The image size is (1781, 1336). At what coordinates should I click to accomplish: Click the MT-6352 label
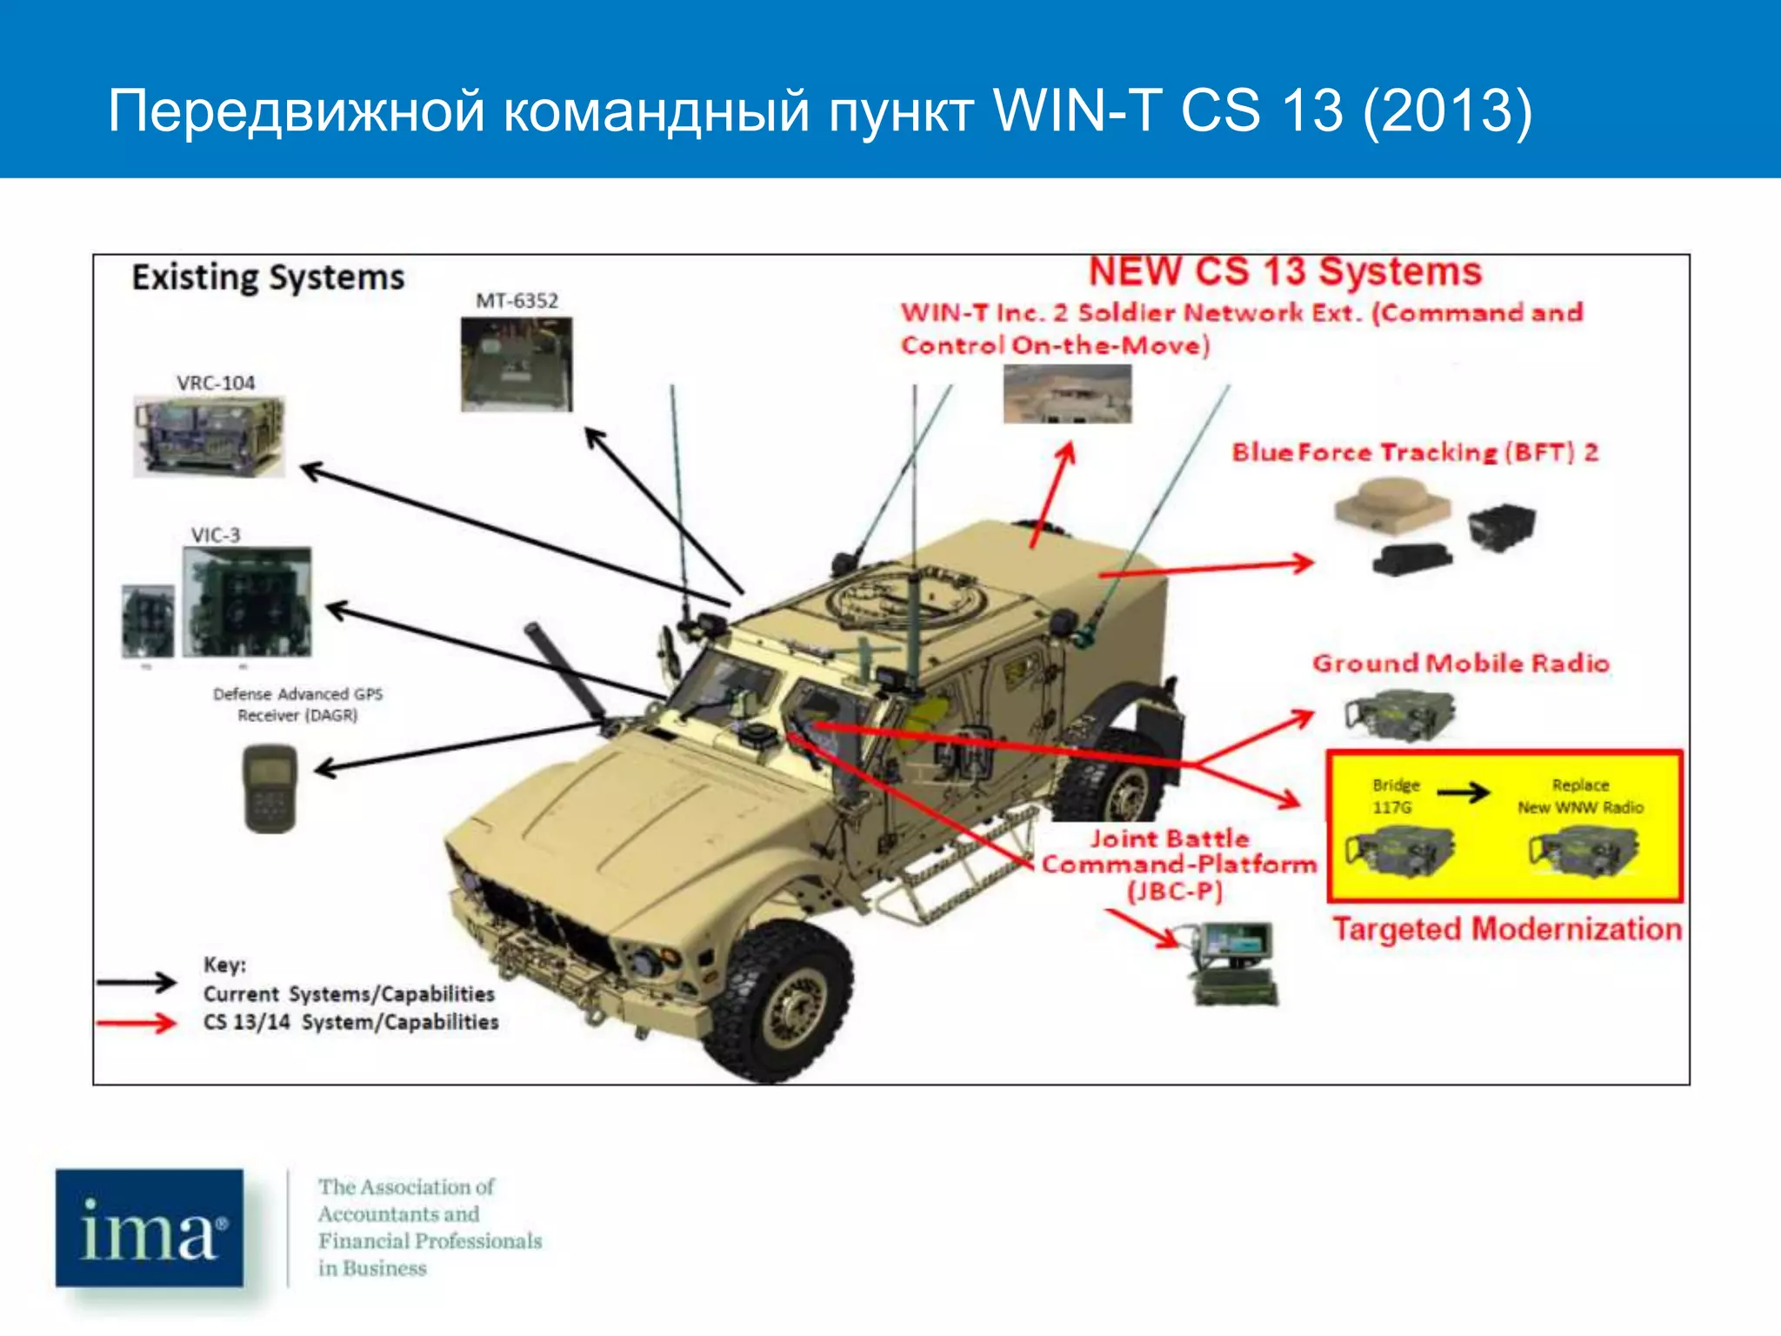517,301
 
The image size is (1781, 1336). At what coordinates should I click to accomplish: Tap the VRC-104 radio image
209,437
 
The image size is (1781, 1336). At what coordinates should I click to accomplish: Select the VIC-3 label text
216,535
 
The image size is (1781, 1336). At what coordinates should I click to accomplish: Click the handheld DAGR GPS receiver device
270,788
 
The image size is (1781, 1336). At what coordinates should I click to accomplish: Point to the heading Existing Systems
268,277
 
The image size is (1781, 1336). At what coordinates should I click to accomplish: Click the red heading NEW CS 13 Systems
1284,271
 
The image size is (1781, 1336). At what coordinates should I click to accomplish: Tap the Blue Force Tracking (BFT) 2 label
1415,452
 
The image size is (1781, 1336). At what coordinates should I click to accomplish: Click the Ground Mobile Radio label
1461,664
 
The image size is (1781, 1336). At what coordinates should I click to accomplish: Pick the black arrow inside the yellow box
1463,792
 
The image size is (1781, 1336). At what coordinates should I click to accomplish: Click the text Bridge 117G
1395,796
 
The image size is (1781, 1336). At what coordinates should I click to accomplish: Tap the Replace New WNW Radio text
1580,796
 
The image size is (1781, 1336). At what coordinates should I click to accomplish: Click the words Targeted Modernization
1507,929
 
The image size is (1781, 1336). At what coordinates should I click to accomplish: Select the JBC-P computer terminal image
1234,963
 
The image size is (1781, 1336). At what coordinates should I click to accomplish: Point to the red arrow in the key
137,1023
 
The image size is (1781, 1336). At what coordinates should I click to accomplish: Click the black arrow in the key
137,983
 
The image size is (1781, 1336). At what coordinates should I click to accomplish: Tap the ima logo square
150,1227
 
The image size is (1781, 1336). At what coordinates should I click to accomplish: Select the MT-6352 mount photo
517,364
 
